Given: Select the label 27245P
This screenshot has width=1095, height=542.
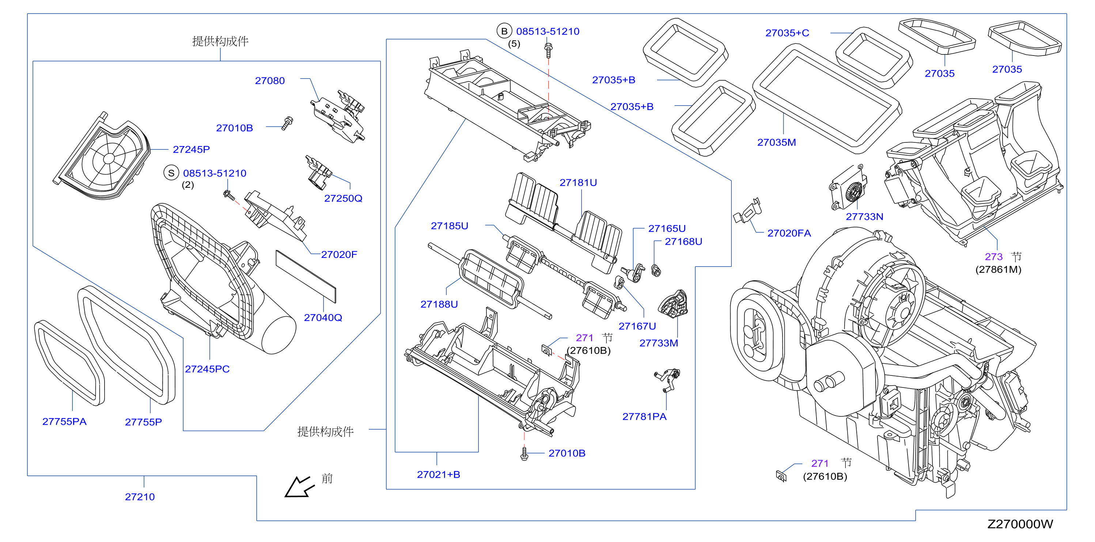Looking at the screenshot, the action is (x=191, y=149).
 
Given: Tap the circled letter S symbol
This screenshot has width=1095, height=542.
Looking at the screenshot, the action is (x=171, y=173).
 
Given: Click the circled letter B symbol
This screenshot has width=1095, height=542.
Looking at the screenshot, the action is (x=504, y=31).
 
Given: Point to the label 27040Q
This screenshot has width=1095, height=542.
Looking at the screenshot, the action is (x=323, y=318).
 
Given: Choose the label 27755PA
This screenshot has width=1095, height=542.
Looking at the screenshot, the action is (x=64, y=421).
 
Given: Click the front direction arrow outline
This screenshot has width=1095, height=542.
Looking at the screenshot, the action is (x=299, y=487).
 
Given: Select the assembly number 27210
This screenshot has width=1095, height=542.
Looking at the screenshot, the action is (x=140, y=497).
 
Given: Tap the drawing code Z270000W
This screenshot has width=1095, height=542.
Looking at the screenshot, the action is (x=1020, y=524).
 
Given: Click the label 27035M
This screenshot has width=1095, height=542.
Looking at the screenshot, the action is (x=777, y=142).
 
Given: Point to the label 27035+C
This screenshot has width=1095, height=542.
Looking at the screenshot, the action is (x=787, y=33).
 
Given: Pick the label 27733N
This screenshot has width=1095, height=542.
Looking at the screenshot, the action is (x=865, y=217).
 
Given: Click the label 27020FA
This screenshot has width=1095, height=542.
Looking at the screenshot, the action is (x=789, y=233).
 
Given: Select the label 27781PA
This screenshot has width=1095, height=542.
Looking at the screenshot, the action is (x=644, y=417).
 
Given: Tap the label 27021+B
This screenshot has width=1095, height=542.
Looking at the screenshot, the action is (x=439, y=474).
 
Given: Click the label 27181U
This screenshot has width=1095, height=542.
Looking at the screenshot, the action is (x=578, y=183).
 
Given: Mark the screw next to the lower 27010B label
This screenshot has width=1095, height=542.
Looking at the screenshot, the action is (x=524, y=454).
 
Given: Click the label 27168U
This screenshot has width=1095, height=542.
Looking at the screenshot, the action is (x=683, y=242).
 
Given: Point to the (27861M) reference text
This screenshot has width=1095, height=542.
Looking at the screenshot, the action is (x=998, y=269).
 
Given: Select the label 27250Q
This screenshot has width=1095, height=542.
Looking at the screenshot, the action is (x=343, y=198).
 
